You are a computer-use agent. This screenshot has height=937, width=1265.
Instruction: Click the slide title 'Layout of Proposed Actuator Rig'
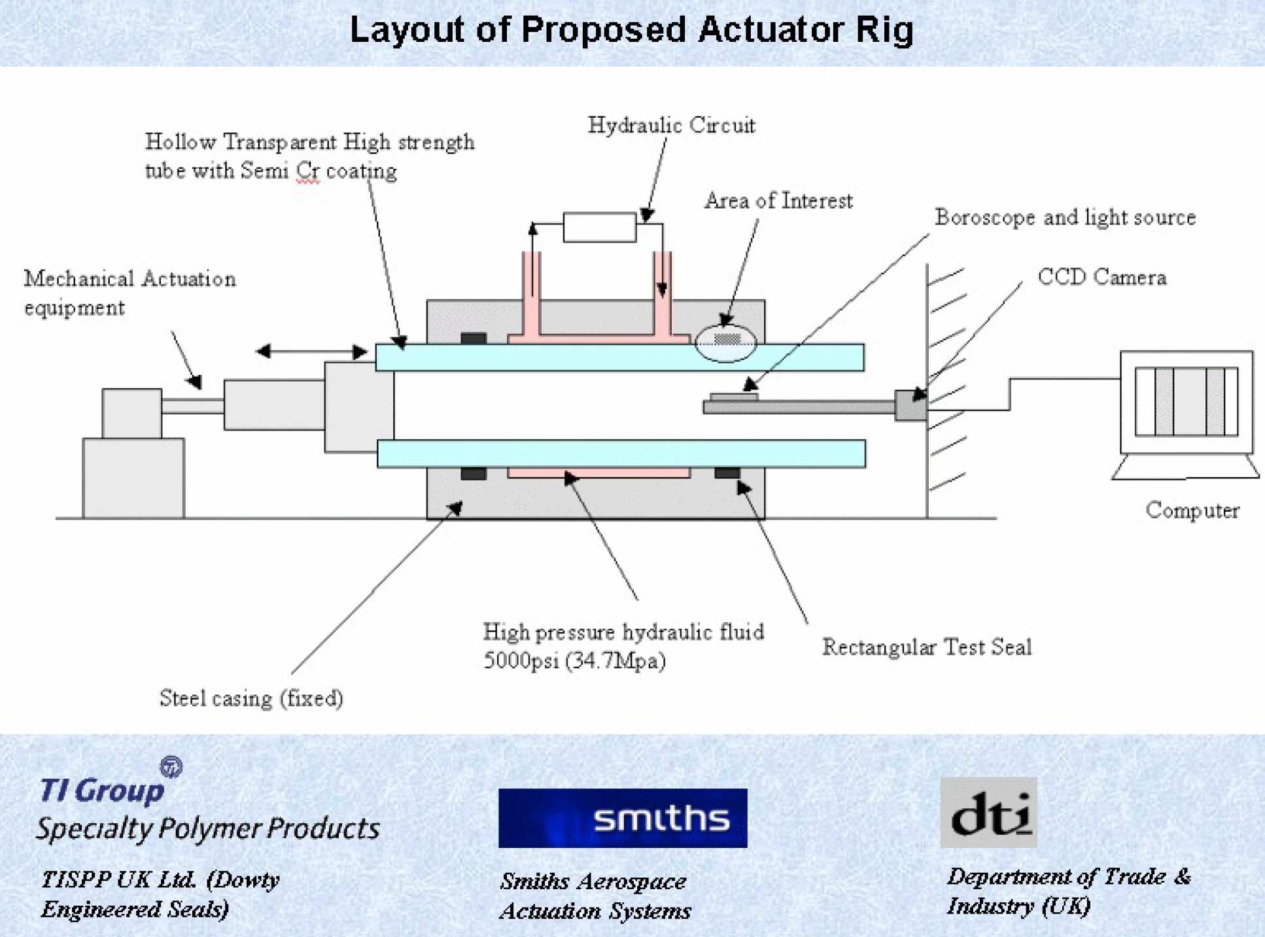click(x=631, y=30)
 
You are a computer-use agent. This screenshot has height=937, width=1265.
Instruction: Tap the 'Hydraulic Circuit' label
click(x=671, y=125)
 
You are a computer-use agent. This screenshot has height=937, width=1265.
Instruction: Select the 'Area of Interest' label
click(x=778, y=200)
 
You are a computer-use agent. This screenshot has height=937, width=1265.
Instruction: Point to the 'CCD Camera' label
click(x=1101, y=277)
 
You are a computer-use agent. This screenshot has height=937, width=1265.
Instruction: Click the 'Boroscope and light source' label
click(x=1064, y=217)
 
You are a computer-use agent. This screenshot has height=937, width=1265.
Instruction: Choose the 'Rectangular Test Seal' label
click(x=926, y=647)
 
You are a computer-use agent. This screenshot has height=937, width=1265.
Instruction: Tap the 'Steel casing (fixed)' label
click(x=251, y=698)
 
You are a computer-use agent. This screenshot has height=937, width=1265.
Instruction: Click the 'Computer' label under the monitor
click(x=1192, y=510)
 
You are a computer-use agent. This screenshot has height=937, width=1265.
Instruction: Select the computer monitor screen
click(x=1186, y=401)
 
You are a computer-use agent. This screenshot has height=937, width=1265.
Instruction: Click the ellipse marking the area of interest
click(x=725, y=343)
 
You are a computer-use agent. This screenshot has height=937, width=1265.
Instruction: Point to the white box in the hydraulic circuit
click(x=599, y=227)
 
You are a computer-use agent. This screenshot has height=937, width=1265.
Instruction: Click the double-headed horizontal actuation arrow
click(x=311, y=351)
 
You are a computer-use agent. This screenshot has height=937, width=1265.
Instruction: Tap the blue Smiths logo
click(x=622, y=818)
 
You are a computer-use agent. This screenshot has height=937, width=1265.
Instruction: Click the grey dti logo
click(x=988, y=812)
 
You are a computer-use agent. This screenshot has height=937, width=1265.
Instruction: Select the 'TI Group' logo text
click(x=102, y=790)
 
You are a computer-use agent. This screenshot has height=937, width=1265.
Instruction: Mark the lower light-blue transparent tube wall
click(x=620, y=453)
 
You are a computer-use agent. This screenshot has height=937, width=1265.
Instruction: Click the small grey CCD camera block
click(x=910, y=405)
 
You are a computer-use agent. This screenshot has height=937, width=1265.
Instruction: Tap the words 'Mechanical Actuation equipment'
click(x=130, y=292)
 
